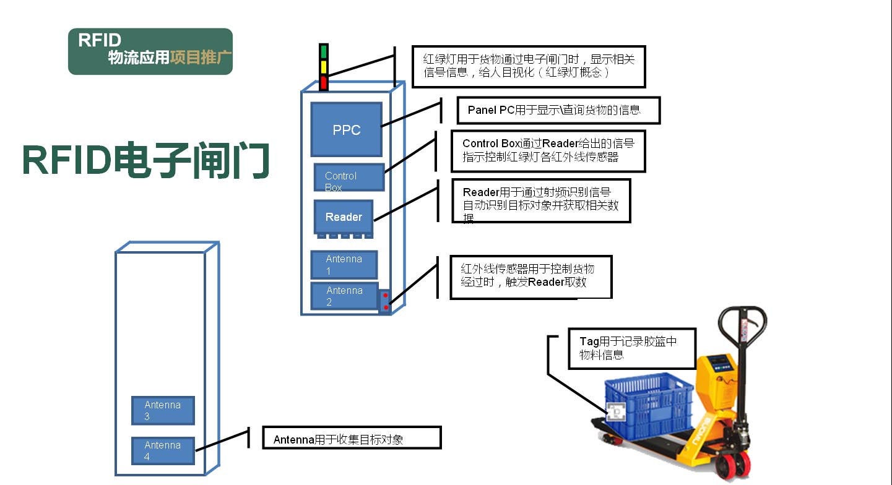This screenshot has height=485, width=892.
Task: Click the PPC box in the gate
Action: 346,129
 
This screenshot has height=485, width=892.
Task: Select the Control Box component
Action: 349,177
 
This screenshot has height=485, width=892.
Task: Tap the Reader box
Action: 344,217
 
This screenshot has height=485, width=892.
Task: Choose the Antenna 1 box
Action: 344,264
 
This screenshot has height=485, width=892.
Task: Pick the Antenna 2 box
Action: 344,296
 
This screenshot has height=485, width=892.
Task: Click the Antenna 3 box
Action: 163,410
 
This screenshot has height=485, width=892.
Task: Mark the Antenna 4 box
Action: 163,450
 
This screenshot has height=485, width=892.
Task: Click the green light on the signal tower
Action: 323,51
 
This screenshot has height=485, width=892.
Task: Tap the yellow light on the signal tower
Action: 323,67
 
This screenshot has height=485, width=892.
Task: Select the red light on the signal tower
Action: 323,82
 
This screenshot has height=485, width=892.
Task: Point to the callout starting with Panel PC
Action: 558,110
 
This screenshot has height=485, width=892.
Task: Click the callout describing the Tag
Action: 632,348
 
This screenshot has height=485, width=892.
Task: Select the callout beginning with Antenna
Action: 352,439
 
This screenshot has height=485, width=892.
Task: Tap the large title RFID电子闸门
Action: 146,161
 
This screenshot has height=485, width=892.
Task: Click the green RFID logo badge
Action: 150,51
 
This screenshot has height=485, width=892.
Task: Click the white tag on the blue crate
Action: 617,411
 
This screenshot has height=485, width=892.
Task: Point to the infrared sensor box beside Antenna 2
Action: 386,301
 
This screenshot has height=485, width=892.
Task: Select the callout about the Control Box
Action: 548,150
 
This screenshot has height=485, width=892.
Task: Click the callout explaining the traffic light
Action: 529,66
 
